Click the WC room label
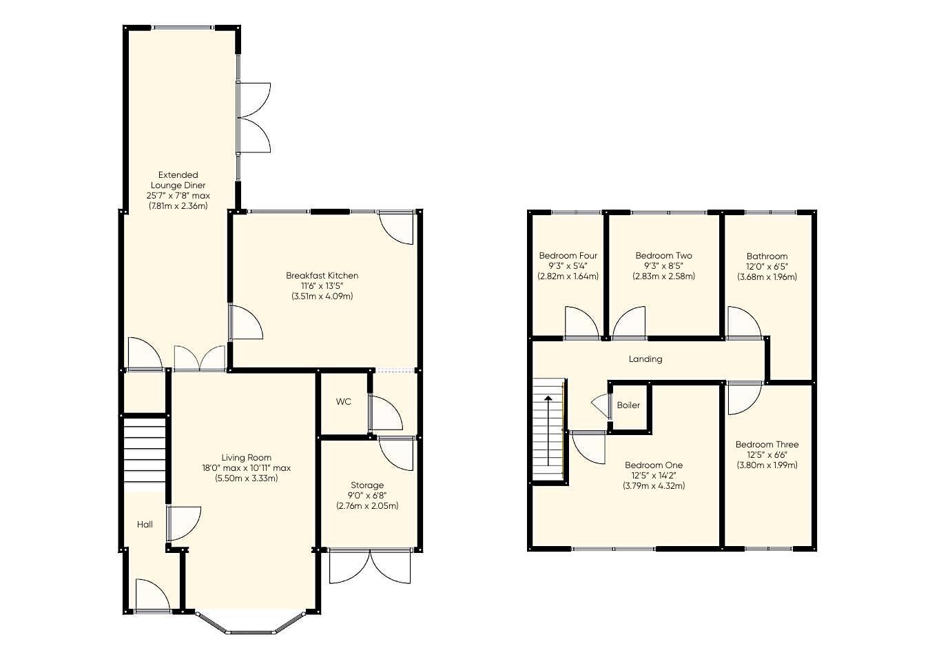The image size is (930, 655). pyautogui.click(x=343, y=401)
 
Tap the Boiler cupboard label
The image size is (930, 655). pyautogui.click(x=628, y=405)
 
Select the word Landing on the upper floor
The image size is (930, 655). pyautogui.click(x=645, y=359)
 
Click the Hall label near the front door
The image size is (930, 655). pyautogui.click(x=145, y=525)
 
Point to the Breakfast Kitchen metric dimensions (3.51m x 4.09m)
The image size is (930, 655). pyautogui.click(x=322, y=296)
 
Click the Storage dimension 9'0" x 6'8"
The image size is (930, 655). pyautogui.click(x=367, y=496)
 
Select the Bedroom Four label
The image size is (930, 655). pyautogui.click(x=568, y=256)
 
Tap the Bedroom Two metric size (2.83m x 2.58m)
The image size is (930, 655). pyautogui.click(x=663, y=276)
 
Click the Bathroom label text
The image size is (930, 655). pyautogui.click(x=767, y=256)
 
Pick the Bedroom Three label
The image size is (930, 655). pyautogui.click(x=767, y=444)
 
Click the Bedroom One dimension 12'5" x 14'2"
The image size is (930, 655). pyautogui.click(x=654, y=476)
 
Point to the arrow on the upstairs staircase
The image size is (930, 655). pyautogui.click(x=548, y=431)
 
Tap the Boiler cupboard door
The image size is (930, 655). pyautogui.click(x=601, y=406)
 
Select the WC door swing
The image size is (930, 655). pyautogui.click(x=386, y=413)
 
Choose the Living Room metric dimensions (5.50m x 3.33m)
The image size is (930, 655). pyautogui.click(x=246, y=478)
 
